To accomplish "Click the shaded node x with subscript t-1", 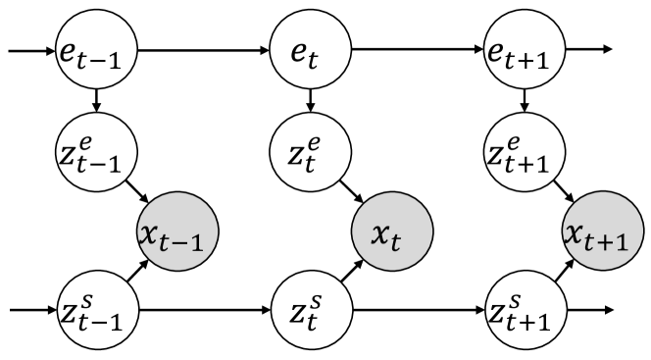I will tap(177, 232).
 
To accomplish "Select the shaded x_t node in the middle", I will tap(390, 232).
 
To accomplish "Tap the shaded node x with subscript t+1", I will tap(603, 232).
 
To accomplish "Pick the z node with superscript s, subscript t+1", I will tap(523, 312).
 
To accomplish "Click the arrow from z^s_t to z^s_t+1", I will tap(417, 312).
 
